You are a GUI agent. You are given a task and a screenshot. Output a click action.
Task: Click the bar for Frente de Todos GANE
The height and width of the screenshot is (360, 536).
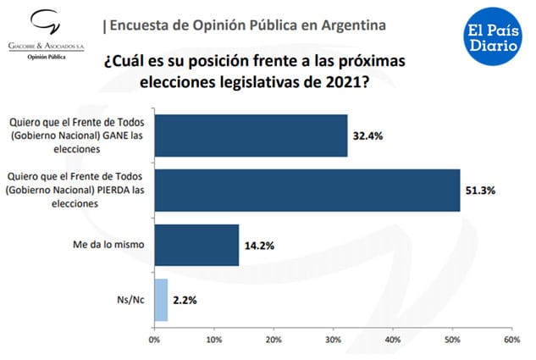251,136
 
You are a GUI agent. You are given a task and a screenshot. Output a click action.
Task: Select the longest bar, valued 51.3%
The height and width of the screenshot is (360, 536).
307,190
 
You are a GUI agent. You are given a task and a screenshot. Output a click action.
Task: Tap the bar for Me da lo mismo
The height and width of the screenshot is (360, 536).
196,245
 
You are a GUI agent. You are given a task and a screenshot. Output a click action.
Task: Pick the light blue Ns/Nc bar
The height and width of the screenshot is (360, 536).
161,300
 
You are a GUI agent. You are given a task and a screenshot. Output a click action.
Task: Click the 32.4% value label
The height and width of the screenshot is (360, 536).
367,136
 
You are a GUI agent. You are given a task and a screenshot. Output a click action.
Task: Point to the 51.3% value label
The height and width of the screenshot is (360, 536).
481,190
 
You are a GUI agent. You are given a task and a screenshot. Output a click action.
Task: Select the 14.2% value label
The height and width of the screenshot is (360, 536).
259,246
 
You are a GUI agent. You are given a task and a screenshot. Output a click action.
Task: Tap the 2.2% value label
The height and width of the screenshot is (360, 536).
186,301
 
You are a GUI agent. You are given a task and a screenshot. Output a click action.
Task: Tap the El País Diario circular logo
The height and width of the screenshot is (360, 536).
491,35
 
